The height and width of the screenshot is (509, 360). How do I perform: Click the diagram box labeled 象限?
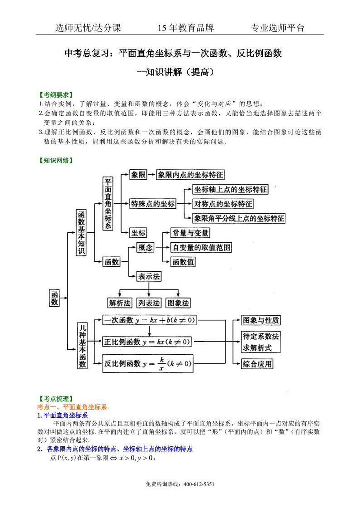pyautogui.click(x=138, y=175)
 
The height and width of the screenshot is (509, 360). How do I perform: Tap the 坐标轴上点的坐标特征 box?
pyautogui.click(x=230, y=189)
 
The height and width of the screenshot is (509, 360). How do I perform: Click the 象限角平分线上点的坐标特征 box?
pyautogui.click(x=239, y=218)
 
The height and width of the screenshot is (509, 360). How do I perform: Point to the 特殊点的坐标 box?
pyautogui.click(x=152, y=204)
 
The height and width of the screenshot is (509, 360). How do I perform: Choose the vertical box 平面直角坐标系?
pyautogui.click(x=108, y=203)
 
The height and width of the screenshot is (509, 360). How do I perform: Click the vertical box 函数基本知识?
pyautogui.click(x=82, y=233)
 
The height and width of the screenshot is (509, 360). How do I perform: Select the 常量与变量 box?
pyautogui.click(x=190, y=233)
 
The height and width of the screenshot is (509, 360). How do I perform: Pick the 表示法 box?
pyautogui.click(x=149, y=276)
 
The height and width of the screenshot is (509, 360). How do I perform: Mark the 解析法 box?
pyautogui.click(x=120, y=303)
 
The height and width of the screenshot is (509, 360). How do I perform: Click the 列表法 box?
pyautogui.click(x=149, y=303)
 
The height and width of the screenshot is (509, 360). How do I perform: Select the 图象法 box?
pyautogui.click(x=178, y=303)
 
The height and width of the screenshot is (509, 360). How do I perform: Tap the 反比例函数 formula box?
pyautogui.click(x=148, y=363)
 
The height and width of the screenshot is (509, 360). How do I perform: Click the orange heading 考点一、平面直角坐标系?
pyautogui.click(x=72, y=407)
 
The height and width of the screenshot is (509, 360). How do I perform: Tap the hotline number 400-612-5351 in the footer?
pyautogui.click(x=199, y=485)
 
